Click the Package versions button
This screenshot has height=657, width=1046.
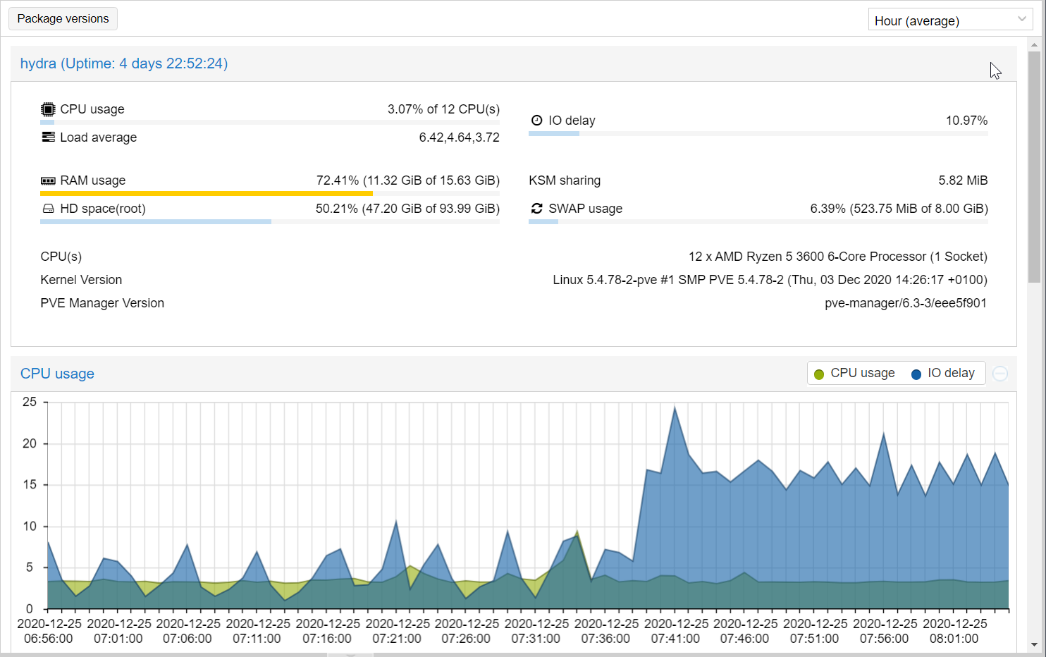[63, 19]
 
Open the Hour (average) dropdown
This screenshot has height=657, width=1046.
[950, 20]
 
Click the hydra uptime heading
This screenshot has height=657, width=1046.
[124, 63]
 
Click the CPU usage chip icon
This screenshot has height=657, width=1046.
[48, 109]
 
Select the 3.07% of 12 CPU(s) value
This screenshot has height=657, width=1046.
[443, 109]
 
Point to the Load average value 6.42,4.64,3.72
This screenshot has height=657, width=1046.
[459, 137]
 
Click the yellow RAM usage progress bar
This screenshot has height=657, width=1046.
[206, 193]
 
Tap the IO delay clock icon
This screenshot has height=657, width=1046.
[536, 121]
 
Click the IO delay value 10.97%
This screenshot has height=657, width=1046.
[966, 121]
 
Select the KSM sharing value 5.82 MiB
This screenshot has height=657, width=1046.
[963, 180]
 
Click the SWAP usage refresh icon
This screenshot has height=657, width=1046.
[536, 209]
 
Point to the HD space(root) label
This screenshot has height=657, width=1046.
[103, 209]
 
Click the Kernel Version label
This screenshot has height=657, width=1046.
[81, 280]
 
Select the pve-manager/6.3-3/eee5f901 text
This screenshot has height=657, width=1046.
[906, 303]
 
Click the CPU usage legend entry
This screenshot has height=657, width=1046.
[854, 373]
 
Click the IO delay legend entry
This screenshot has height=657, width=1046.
[943, 373]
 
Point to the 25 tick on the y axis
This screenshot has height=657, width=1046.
[30, 402]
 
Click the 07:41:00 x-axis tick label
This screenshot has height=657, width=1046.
[675, 639]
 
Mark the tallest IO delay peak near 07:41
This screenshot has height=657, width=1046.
[675, 407]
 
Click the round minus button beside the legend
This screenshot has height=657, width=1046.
[1000, 374]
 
